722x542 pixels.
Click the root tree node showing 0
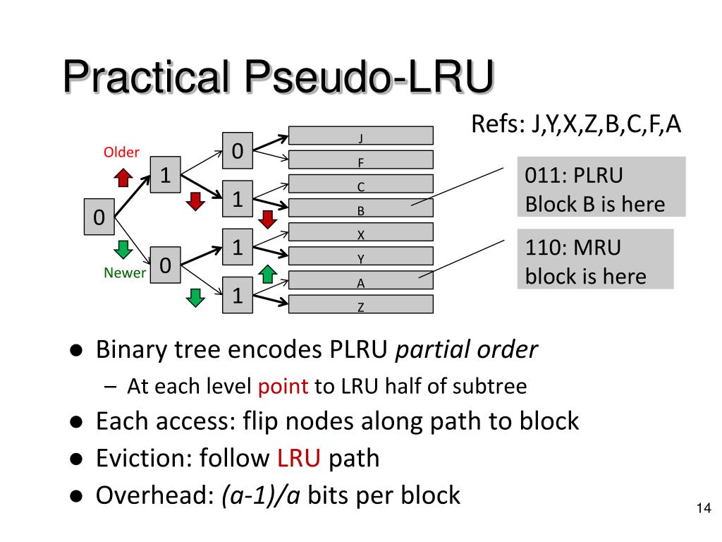99,217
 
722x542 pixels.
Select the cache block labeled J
360,135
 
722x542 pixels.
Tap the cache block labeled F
360,159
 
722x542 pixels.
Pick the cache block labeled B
360,208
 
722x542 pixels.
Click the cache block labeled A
360,279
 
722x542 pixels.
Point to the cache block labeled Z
360,304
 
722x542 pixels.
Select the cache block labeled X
360,231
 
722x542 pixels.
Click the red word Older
121,152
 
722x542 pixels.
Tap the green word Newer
124,273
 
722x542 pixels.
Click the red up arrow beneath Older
123,177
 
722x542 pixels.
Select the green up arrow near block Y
267,275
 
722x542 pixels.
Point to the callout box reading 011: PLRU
601,186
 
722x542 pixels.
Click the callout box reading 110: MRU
595,259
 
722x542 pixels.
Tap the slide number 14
704,508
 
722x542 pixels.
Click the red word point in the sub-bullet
283,386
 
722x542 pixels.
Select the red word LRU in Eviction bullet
298,458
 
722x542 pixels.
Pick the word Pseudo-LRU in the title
369,76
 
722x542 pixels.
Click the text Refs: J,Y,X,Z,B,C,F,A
576,124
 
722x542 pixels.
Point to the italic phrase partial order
467,349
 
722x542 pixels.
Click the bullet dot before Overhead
76,496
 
